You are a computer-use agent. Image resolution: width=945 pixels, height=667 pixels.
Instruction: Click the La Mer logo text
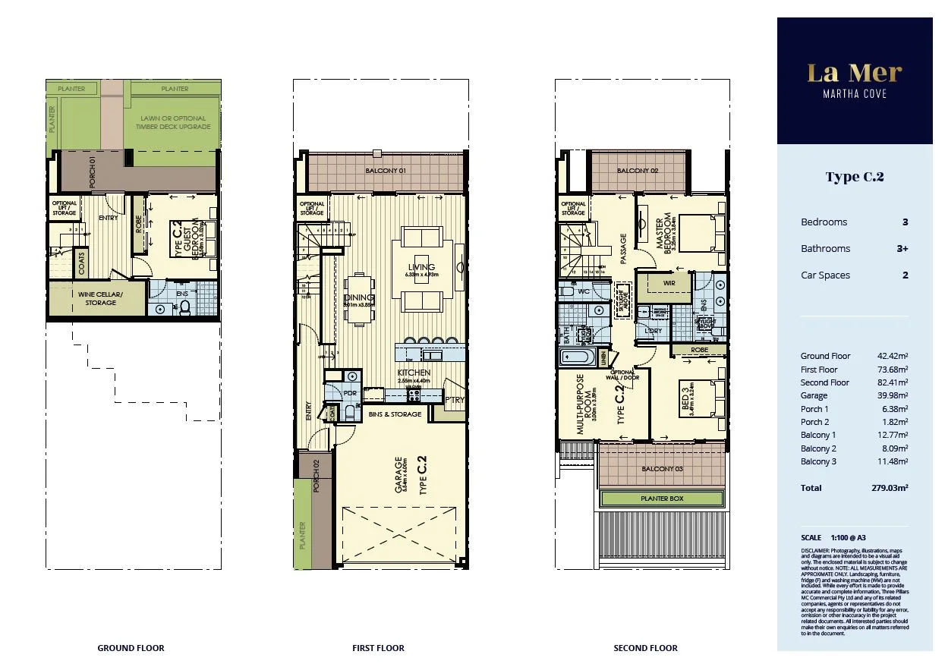pos(854,74)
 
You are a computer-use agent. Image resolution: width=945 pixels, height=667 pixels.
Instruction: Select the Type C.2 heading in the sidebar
pos(854,177)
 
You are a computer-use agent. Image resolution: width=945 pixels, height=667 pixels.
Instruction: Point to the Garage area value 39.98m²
pos(892,395)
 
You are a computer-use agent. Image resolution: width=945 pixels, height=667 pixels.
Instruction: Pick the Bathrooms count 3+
pos(901,249)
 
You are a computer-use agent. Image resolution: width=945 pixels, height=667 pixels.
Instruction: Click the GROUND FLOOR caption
pos(131,648)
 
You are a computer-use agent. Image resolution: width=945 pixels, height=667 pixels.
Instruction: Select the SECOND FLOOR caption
pos(645,648)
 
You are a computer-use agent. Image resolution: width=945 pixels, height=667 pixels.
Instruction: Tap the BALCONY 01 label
pos(386,171)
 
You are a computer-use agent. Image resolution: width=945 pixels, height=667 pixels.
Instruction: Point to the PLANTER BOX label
pos(662,499)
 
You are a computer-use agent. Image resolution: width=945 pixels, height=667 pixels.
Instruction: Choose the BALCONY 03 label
pos(662,469)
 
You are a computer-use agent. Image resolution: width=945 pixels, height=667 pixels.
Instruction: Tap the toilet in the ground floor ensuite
pos(184,307)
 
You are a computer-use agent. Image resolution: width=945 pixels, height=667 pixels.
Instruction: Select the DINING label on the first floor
pos(359,298)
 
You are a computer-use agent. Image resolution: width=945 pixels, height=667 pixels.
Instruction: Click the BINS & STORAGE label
pos(395,414)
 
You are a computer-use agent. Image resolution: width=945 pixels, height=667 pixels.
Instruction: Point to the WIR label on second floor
pos(669,283)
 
